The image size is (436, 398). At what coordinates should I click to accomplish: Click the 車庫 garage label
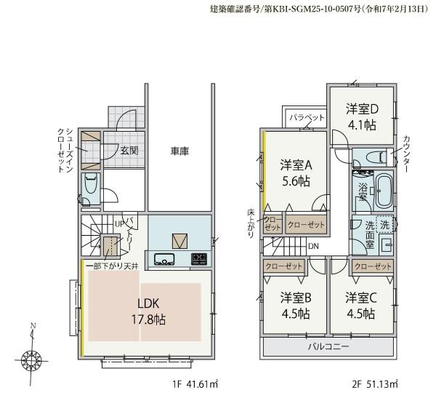point(179,151)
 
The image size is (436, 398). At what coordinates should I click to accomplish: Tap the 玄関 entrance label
point(129,151)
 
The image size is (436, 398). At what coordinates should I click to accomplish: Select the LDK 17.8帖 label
point(148,311)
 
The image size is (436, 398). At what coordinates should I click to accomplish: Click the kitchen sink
point(164,259)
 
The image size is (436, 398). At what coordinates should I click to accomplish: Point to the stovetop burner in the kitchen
point(199,259)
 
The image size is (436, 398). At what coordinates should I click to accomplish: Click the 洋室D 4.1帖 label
point(362,117)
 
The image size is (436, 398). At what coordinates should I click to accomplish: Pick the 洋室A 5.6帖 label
point(296,173)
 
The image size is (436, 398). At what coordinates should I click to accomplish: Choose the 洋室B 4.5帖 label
point(296,306)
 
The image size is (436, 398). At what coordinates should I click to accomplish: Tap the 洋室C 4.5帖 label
point(361,306)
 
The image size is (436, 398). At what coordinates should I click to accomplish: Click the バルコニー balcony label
point(328,346)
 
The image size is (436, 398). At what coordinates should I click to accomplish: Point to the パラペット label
point(307,118)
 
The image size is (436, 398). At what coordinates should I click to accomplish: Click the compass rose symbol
point(31,360)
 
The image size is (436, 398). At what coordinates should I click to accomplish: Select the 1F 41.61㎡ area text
point(195,384)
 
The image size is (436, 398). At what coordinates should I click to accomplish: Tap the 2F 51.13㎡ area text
point(375,384)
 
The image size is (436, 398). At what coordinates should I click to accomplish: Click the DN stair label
point(313,246)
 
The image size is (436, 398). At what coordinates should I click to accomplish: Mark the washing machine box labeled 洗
point(384,224)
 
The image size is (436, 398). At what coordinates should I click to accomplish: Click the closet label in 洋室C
point(373,266)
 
